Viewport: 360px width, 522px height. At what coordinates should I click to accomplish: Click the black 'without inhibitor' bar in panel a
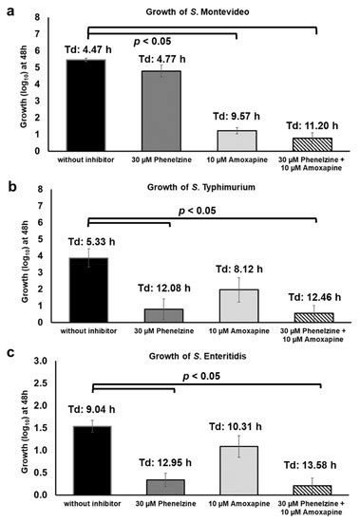[80, 104]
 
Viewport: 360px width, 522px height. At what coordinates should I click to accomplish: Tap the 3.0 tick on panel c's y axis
[42, 361]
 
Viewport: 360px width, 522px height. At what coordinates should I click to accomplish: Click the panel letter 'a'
[9, 10]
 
